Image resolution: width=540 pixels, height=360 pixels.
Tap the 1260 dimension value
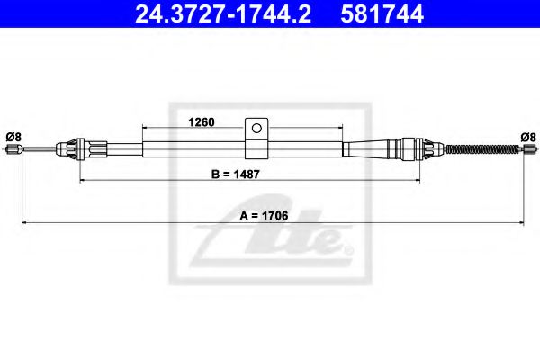coord(200,123)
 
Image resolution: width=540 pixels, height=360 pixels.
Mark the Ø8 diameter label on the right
coord(527,136)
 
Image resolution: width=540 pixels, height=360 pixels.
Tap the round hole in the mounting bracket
coord(257,126)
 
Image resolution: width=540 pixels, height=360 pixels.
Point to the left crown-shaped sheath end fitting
coord(71,148)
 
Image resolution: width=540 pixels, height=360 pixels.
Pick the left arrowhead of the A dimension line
coord(25,221)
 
